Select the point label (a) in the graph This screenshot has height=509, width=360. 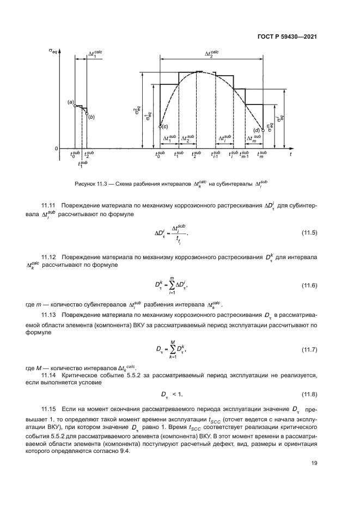coord(70,102)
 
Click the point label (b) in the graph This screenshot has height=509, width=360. coord(91,116)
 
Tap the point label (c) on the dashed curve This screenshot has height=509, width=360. coord(165,126)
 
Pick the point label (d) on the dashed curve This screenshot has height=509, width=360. coord(257,129)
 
